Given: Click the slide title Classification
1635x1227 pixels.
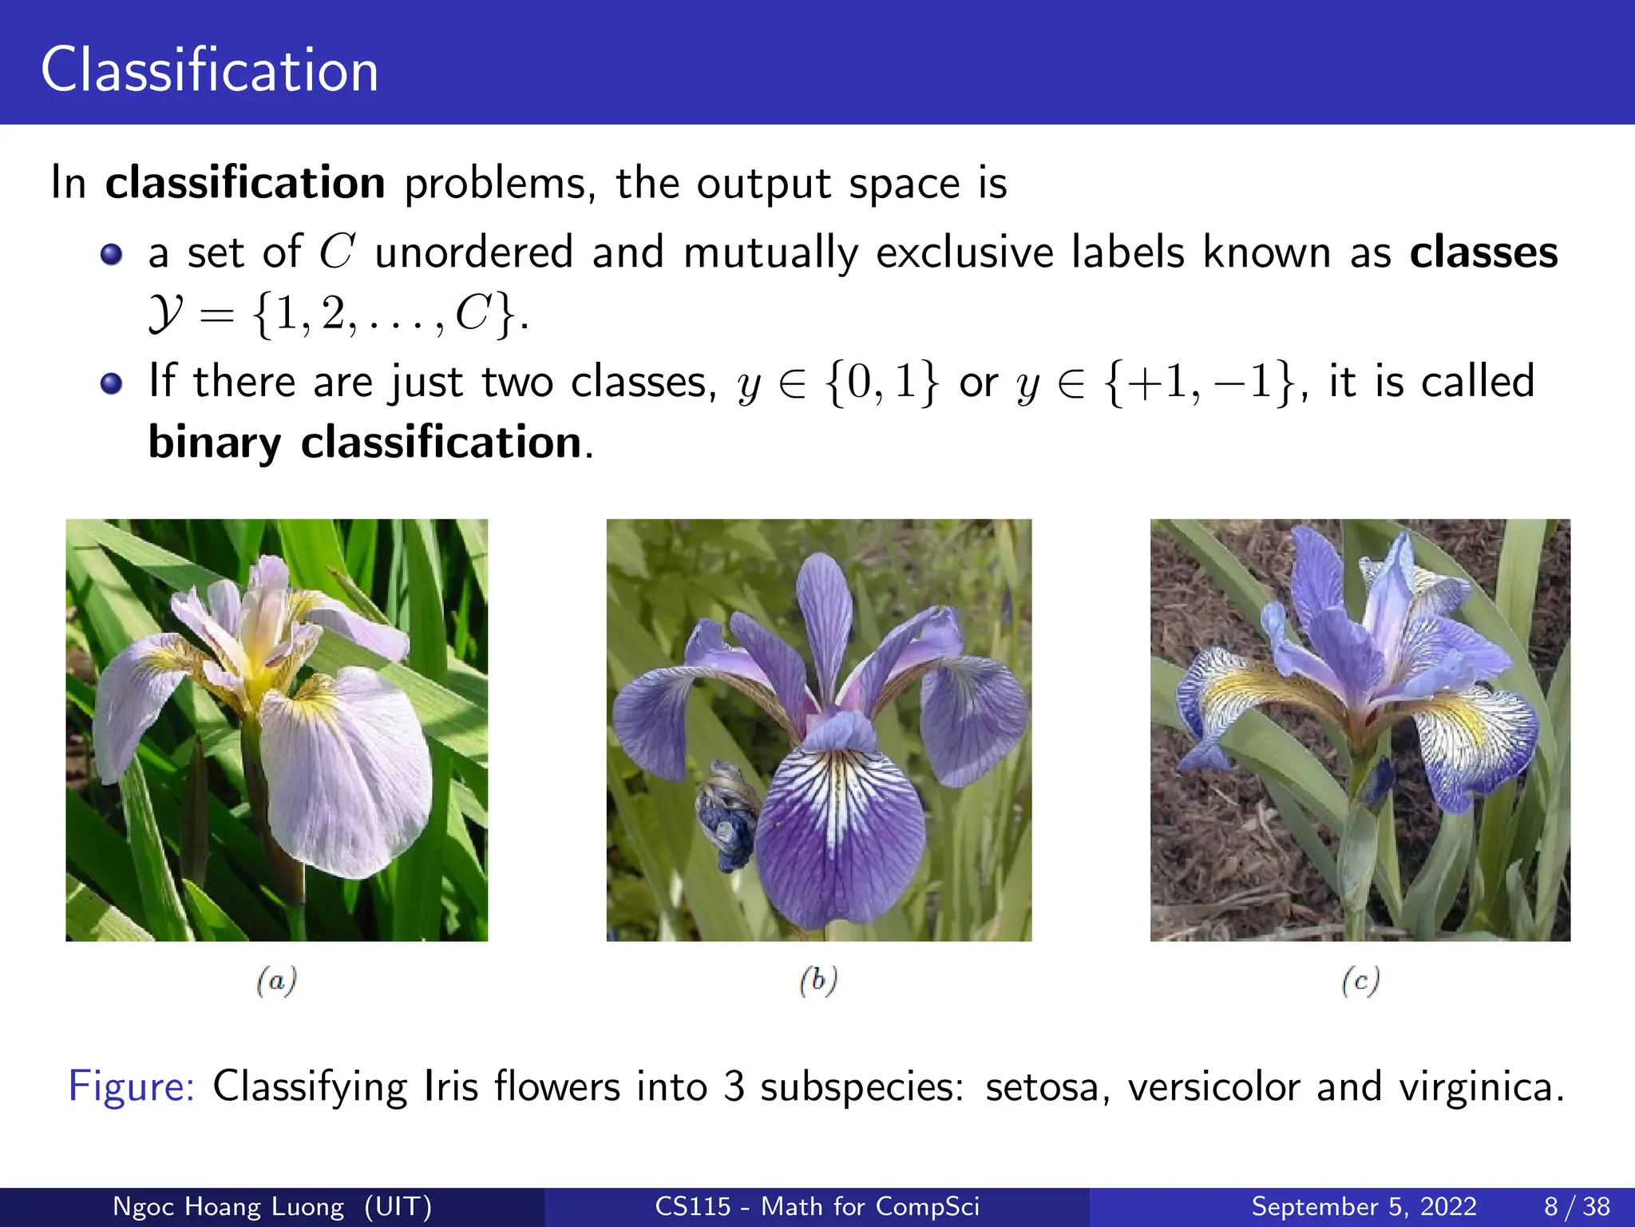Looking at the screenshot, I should [x=209, y=70].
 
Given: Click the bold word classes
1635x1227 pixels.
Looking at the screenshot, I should [x=1483, y=252].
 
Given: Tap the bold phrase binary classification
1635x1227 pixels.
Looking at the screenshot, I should [x=366, y=443].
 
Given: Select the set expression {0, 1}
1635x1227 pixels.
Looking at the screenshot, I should [x=883, y=382].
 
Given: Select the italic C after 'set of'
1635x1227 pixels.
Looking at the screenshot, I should [x=336, y=252].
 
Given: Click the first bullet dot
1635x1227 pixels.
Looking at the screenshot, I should [x=112, y=255].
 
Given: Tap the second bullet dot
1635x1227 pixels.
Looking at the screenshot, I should [x=112, y=383].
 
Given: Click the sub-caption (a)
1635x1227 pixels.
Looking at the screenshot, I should [x=276, y=980].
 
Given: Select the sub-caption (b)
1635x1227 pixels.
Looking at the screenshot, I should [x=818, y=980].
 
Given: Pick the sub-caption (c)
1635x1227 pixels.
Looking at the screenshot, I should [x=1360, y=980].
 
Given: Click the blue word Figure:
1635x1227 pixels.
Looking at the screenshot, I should [x=131, y=1086].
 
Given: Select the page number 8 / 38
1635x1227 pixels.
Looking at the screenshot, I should [x=1577, y=1206].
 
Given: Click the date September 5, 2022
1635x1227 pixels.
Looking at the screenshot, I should [x=1364, y=1206].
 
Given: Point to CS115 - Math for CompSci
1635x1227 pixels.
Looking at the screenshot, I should [x=817, y=1206].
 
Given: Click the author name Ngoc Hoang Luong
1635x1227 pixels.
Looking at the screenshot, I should [x=228, y=1206].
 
